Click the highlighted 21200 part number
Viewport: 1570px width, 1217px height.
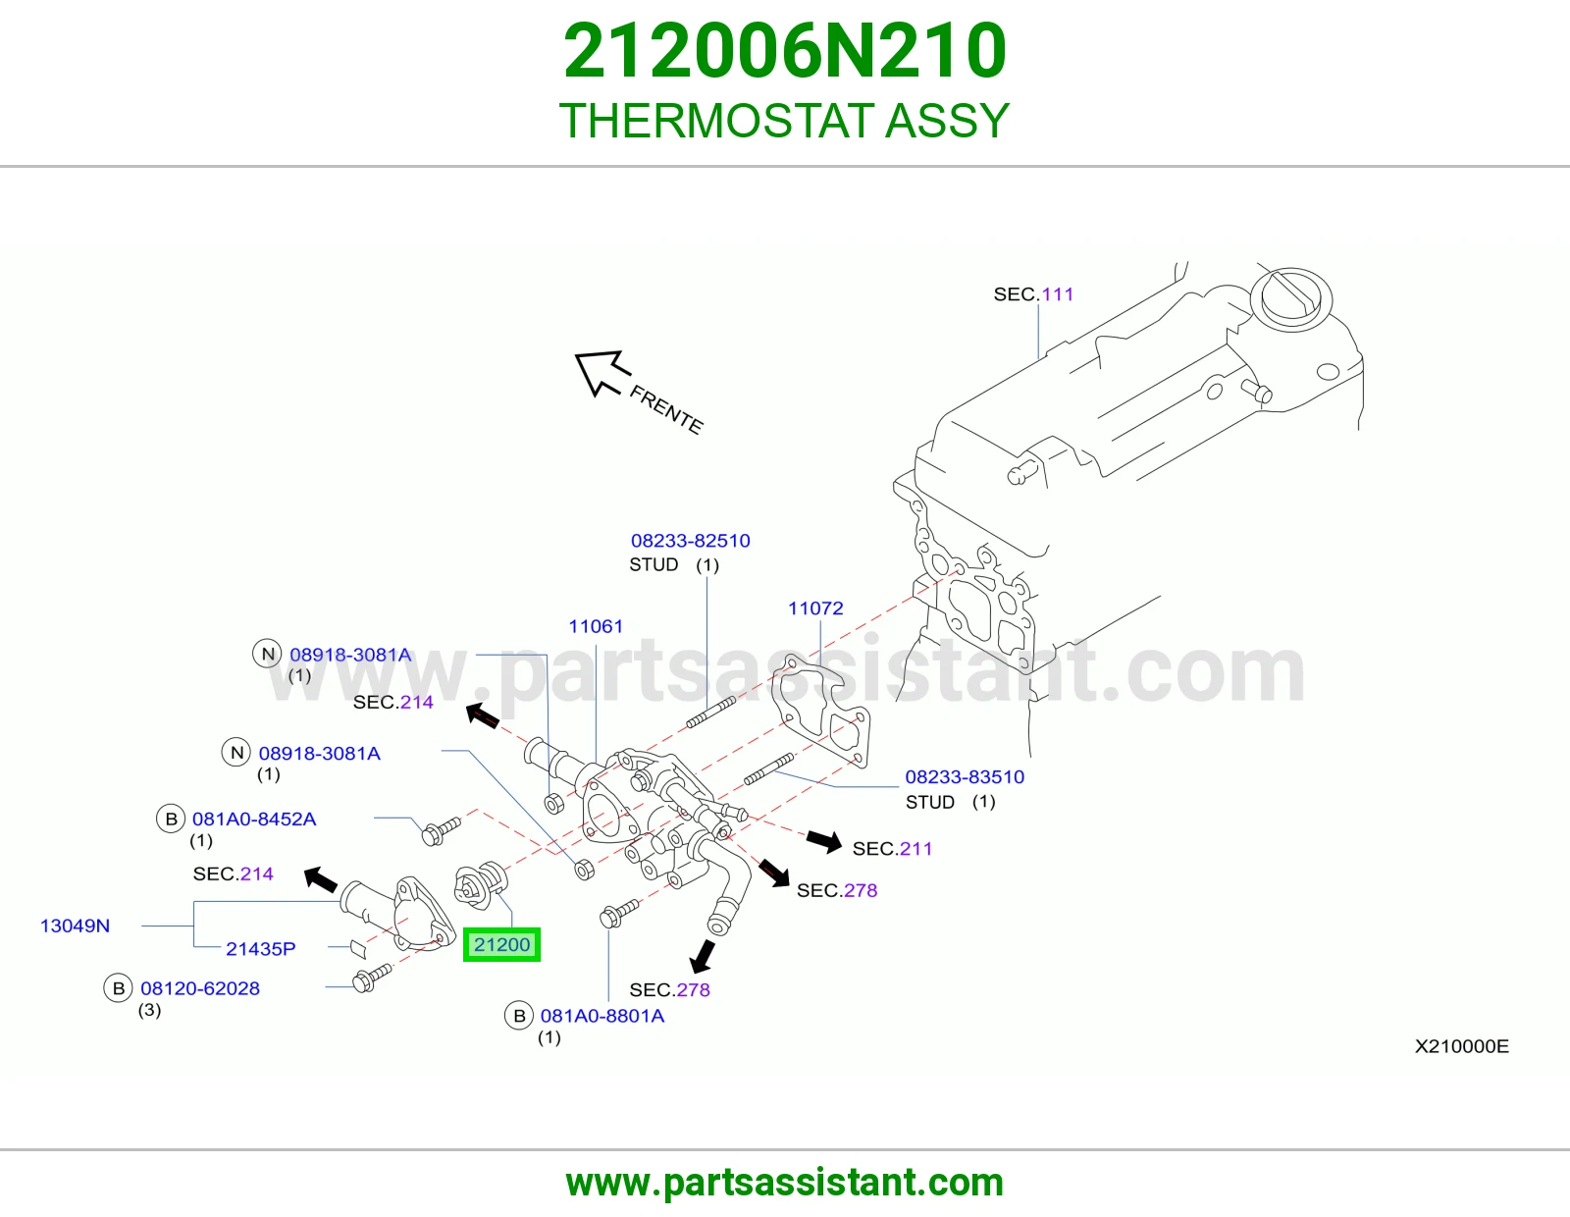(501, 944)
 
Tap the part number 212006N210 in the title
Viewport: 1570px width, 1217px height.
(785, 50)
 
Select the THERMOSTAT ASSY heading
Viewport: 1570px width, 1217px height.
(785, 120)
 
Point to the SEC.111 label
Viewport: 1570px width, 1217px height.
(1033, 294)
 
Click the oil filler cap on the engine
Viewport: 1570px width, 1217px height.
(1291, 298)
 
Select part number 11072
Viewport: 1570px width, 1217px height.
(815, 608)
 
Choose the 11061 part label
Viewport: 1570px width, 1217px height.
(596, 626)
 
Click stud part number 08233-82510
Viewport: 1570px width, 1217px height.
(690, 541)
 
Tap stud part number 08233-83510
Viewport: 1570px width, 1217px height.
(965, 777)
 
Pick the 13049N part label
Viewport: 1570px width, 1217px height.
(76, 926)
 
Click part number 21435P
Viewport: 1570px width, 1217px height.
(261, 949)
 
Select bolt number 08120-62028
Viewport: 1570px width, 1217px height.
(200, 988)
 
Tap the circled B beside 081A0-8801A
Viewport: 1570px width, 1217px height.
(519, 1016)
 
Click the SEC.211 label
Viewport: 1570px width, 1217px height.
(892, 848)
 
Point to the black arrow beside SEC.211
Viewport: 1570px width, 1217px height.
(824, 840)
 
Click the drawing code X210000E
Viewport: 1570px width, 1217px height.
(1462, 1046)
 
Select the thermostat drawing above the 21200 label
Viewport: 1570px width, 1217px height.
(481, 884)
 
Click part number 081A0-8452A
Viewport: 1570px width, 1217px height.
(253, 820)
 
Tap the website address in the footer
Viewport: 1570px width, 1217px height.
(785, 1183)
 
